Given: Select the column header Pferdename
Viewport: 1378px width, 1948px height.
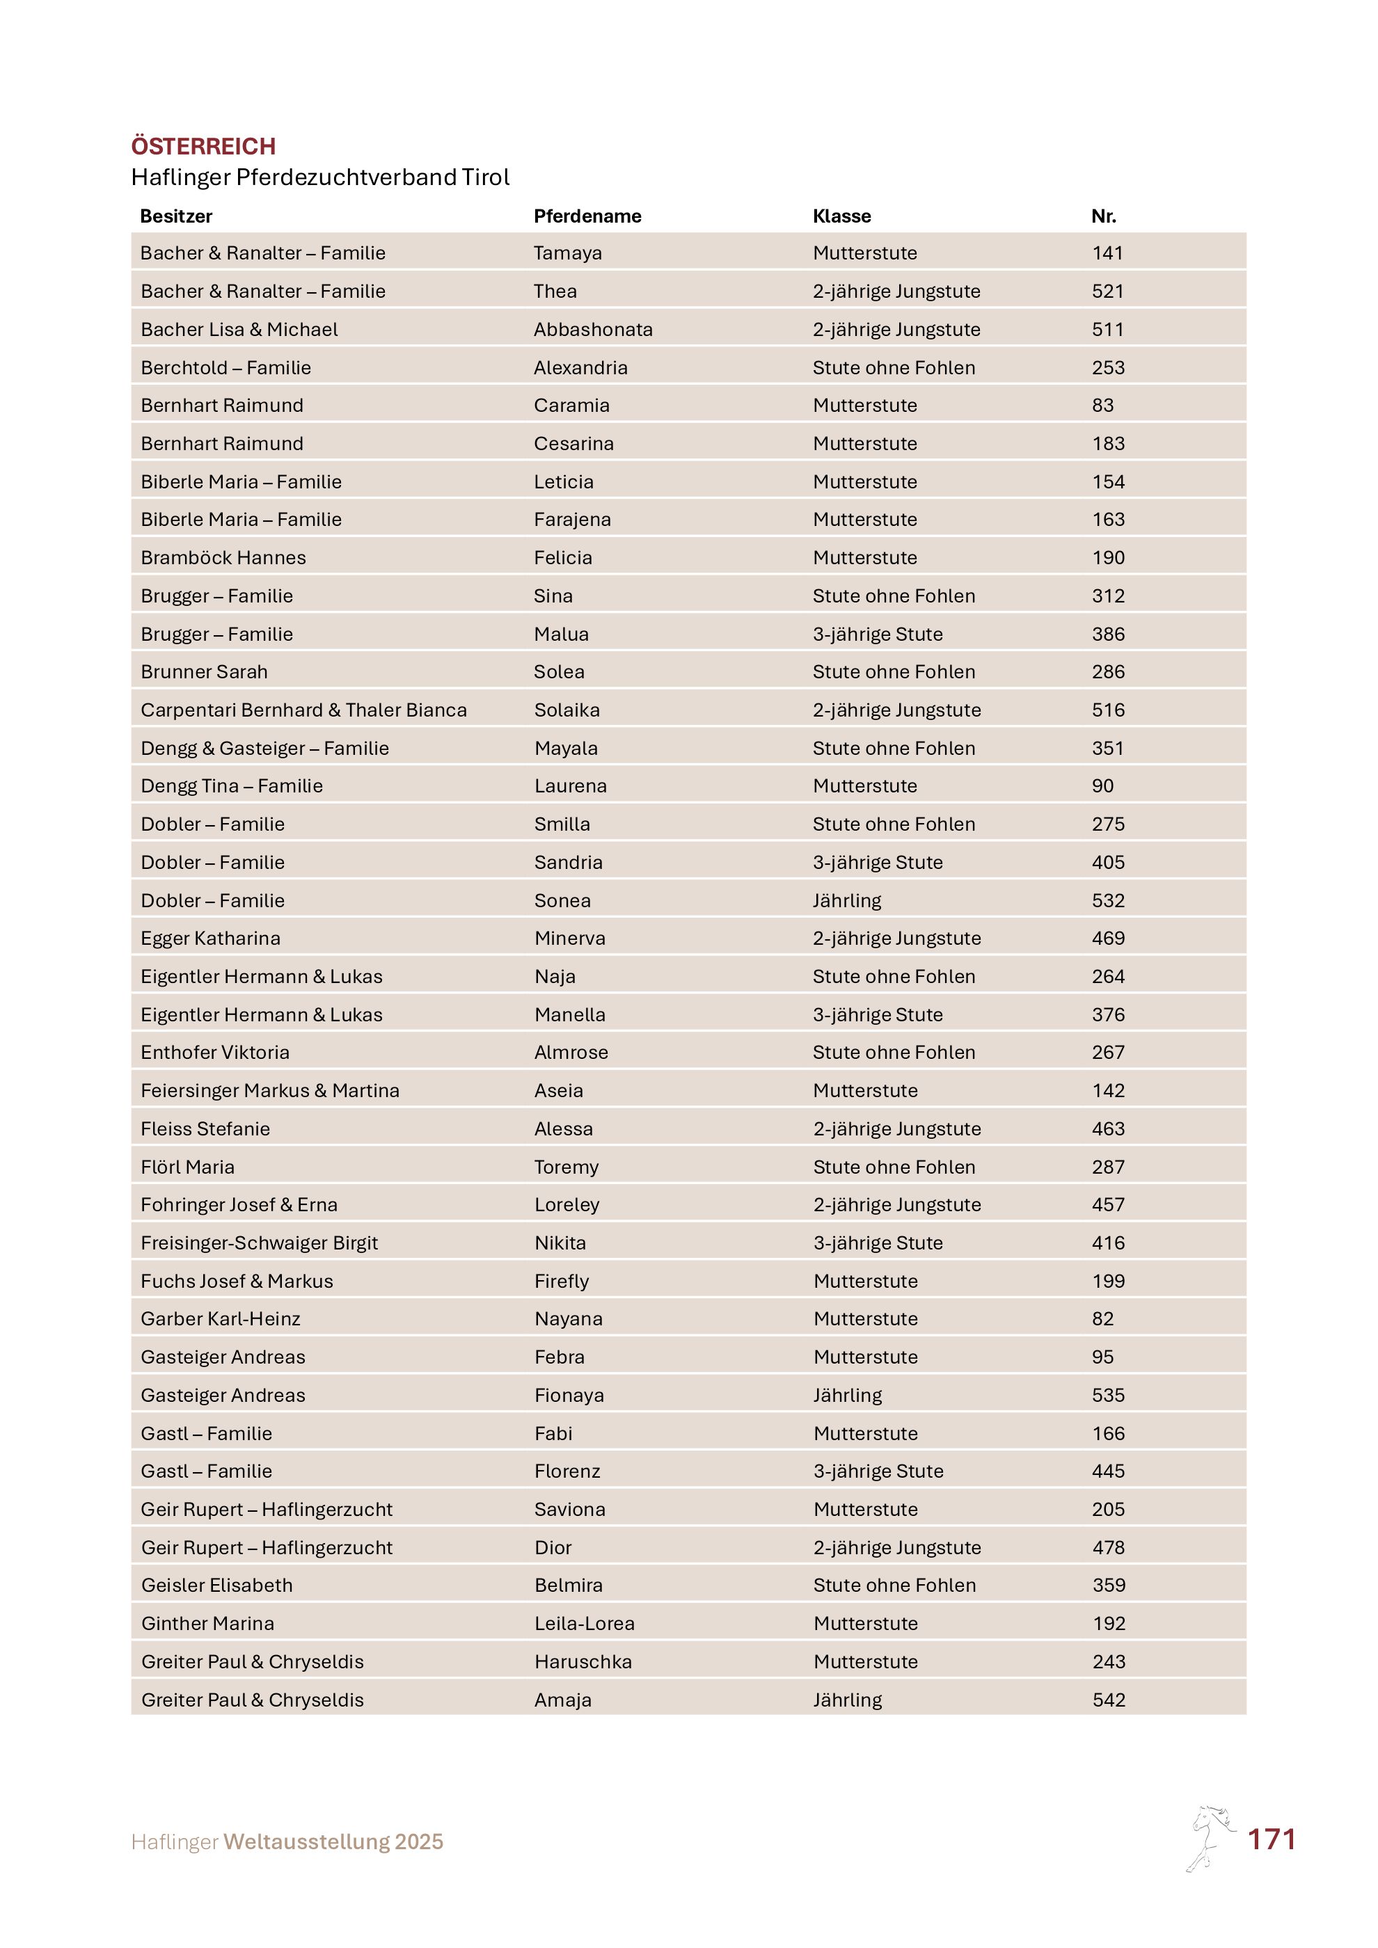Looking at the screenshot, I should [x=587, y=216].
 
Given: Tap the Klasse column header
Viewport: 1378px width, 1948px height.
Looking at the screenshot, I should [x=841, y=216].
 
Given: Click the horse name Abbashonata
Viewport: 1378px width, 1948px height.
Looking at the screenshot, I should [x=593, y=329].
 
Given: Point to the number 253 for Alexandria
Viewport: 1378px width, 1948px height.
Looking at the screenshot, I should [x=1107, y=367].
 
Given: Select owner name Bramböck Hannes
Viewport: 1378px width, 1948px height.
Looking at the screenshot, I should [x=223, y=557].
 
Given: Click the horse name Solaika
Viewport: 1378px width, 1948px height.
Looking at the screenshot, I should [x=567, y=710].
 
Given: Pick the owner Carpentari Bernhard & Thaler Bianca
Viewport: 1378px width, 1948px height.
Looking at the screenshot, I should [x=303, y=710].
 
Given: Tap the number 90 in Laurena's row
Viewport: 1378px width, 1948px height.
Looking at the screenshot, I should [x=1102, y=785].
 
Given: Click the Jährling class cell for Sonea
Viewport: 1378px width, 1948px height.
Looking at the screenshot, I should [x=847, y=900].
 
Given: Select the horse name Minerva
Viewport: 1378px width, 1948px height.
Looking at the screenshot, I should [x=569, y=939].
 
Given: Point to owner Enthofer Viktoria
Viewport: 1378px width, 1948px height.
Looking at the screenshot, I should [x=214, y=1052].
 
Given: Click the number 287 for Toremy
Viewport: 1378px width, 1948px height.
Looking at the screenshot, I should [x=1107, y=1167].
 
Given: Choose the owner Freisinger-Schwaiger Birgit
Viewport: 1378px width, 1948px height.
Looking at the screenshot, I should [x=259, y=1243].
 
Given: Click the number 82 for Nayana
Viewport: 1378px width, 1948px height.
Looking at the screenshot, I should [x=1102, y=1318].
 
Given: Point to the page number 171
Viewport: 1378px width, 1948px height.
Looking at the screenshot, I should [x=1270, y=1840].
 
